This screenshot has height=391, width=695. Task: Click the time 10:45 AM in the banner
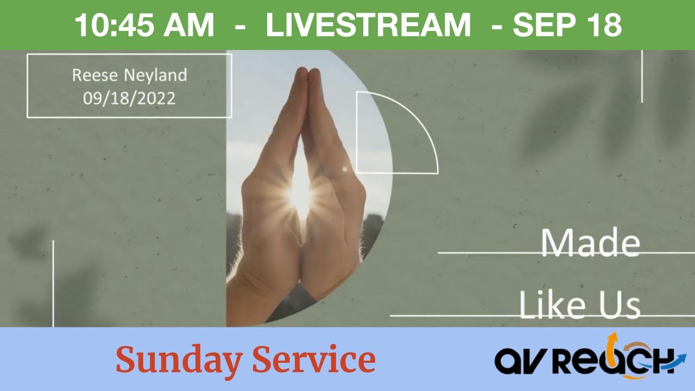pyautogui.click(x=144, y=26)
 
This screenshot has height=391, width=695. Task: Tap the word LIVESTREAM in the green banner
pyautogui.click(x=368, y=26)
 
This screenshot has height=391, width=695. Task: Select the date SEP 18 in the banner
pyautogui.click(x=567, y=26)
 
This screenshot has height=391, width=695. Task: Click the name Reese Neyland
pyautogui.click(x=129, y=75)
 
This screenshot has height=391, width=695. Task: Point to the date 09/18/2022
pyautogui.click(x=129, y=98)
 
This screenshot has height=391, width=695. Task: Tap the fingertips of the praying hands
pyautogui.click(x=306, y=73)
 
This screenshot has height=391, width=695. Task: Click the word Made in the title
pyautogui.click(x=590, y=243)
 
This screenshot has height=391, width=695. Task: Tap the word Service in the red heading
pyautogui.click(x=314, y=360)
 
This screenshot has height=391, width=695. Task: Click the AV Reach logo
pyautogui.click(x=589, y=358)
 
